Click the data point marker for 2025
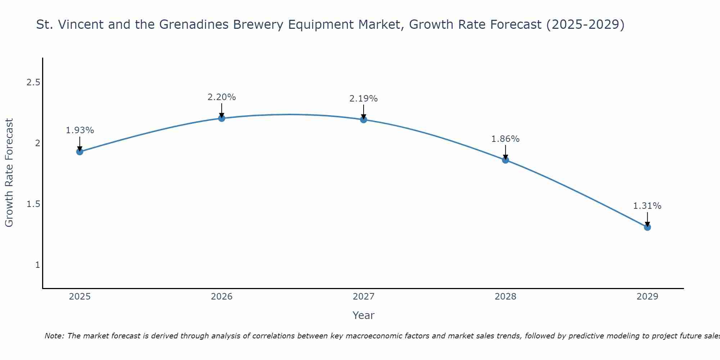click(x=80, y=152)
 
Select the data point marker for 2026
click(x=222, y=118)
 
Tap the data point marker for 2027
click(x=364, y=120)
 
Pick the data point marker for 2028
click(x=505, y=160)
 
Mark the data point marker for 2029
click(x=647, y=227)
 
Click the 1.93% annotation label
click(x=80, y=130)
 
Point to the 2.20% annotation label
click(x=222, y=97)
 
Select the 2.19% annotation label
click(x=364, y=99)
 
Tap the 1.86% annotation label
click(x=505, y=139)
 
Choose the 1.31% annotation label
click(x=647, y=206)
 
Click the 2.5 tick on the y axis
click(x=33, y=83)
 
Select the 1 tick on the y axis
click(x=37, y=265)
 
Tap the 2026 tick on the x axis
click(x=222, y=297)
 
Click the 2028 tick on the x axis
click(x=505, y=297)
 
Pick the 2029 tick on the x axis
click(x=647, y=297)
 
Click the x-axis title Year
click(x=364, y=315)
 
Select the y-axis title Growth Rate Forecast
click(x=9, y=173)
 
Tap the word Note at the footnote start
click(x=54, y=336)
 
